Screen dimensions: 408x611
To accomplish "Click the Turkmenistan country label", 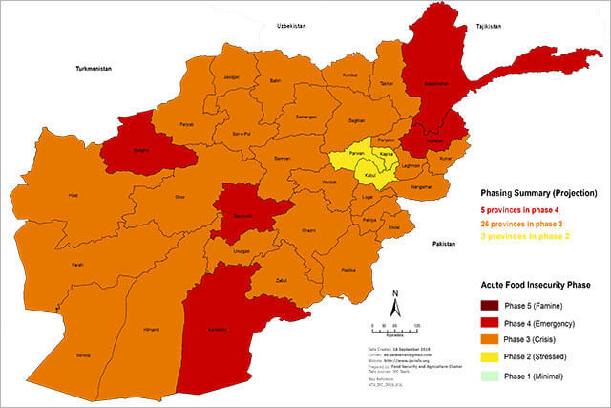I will click(95, 69).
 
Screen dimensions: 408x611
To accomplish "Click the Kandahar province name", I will click(219, 330).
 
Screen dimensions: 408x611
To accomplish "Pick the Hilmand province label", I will click(151, 328).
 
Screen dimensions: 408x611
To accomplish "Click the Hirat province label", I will click(72, 196).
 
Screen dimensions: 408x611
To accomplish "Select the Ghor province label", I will click(179, 196).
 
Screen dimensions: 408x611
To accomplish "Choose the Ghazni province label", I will click(308, 230).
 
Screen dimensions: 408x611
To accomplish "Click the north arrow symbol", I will click(395, 307).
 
